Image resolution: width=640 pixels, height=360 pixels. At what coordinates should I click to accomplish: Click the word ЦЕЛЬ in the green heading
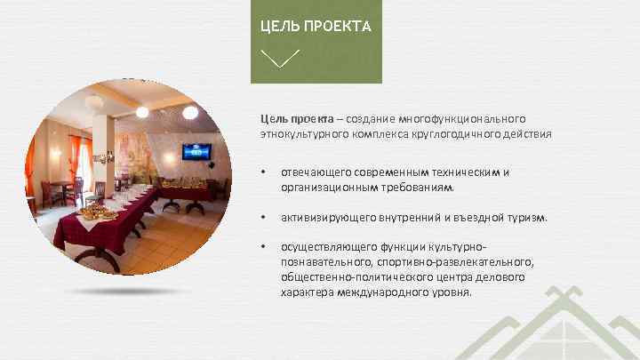click(x=277, y=26)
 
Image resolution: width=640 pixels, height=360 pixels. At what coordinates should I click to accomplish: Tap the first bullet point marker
click(x=262, y=172)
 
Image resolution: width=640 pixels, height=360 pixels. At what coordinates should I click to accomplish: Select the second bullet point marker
click(x=262, y=217)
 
